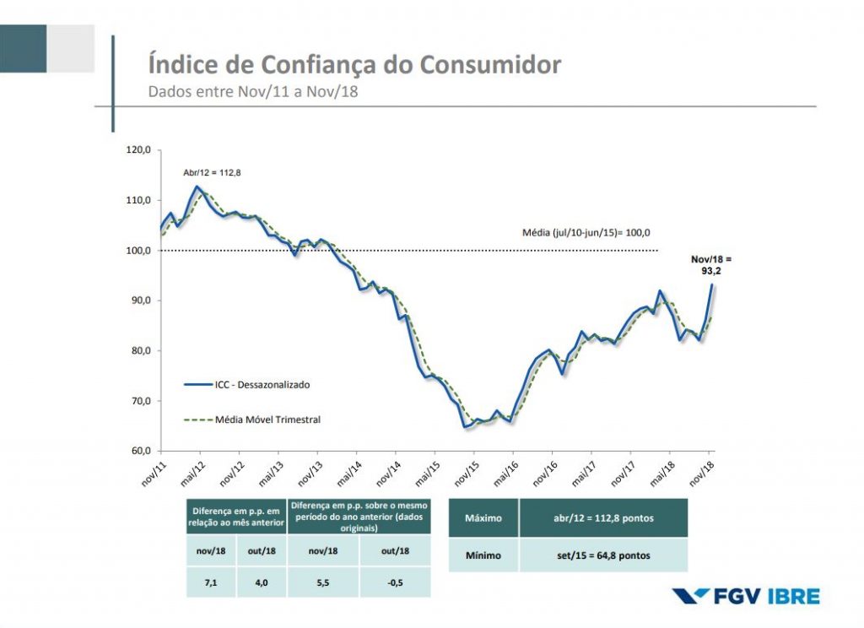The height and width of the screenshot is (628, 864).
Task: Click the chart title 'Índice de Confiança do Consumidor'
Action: [x=354, y=64]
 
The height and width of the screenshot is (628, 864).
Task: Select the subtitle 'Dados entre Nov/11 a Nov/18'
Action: [x=253, y=92]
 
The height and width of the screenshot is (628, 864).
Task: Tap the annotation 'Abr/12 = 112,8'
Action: [x=212, y=173]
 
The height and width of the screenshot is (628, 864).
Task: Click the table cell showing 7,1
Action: [x=212, y=582]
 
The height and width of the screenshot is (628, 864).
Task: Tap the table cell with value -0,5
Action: [x=394, y=582]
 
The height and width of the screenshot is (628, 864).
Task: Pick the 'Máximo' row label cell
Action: [x=483, y=517]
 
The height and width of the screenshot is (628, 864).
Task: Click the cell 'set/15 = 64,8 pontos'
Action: [x=602, y=555]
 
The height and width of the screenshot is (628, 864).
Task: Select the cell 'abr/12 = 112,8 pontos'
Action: [x=602, y=517]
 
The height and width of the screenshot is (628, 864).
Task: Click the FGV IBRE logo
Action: [x=746, y=596]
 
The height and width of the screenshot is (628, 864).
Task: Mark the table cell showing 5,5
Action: [x=323, y=582]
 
